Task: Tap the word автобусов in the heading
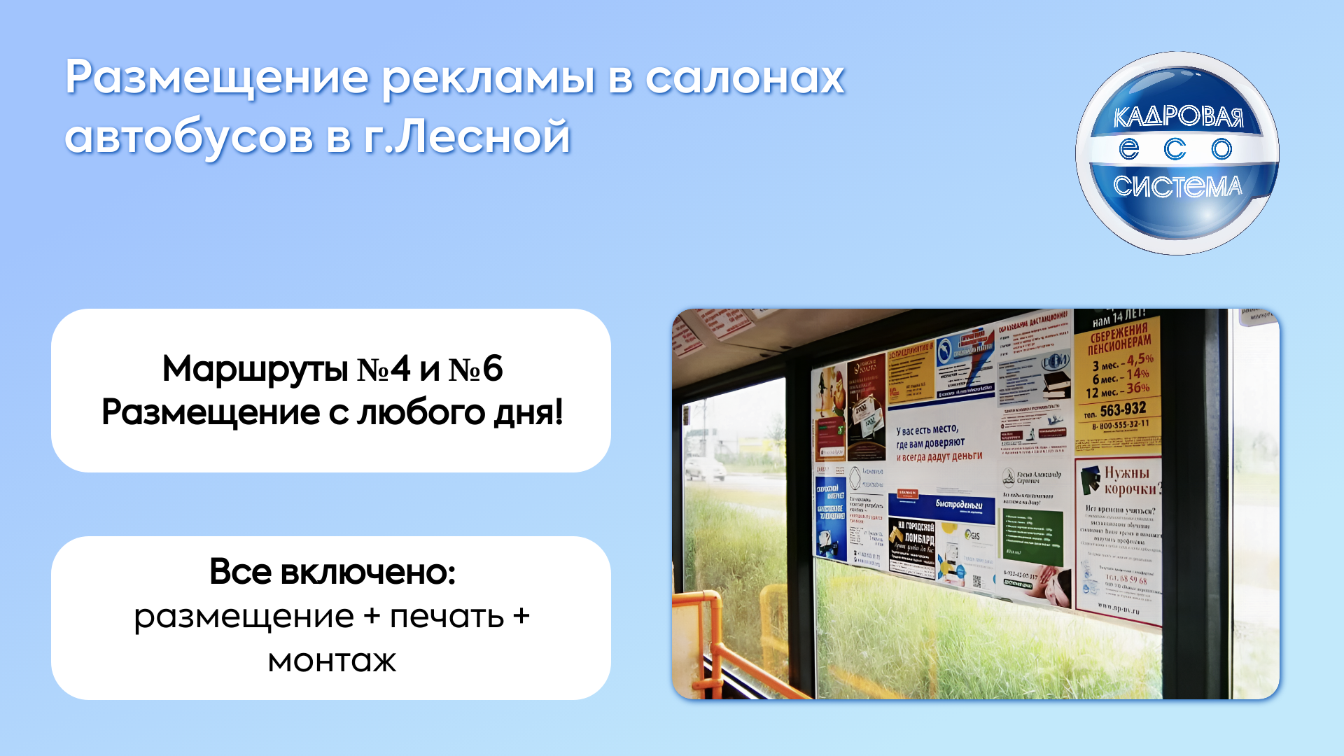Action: coord(189,137)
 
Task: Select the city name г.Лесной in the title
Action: coord(468,137)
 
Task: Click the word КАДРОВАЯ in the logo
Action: coord(1178,117)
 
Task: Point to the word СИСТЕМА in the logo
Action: coord(1177,187)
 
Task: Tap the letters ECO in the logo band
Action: coord(1176,149)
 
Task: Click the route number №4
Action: coord(384,369)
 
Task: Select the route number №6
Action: coord(476,369)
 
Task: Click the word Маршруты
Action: coord(255,369)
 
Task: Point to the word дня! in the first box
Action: coord(529,413)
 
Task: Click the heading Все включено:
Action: coord(332,573)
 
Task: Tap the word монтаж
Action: coord(332,661)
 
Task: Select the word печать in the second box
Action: coord(447,617)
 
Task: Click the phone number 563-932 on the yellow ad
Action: coord(1123,409)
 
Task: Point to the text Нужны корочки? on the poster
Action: coord(1131,480)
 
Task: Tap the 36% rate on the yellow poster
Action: coord(1137,388)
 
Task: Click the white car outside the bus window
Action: coord(705,468)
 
